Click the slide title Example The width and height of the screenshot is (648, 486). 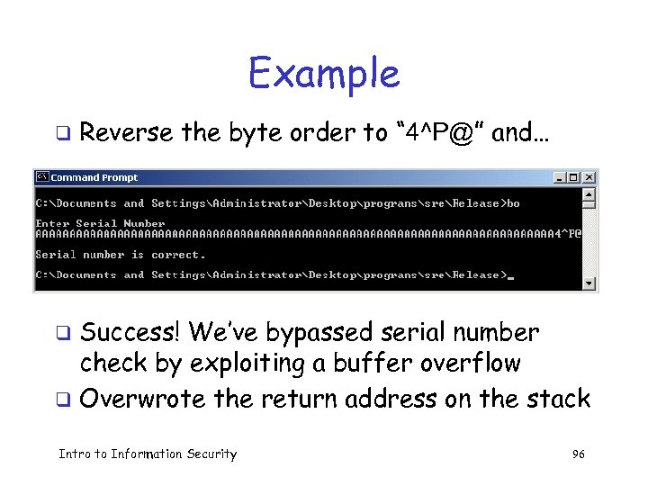[x=324, y=73]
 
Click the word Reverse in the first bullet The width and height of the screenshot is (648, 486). [x=126, y=133]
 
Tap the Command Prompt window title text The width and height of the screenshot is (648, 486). [x=94, y=177]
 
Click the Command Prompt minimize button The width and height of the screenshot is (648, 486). [x=561, y=177]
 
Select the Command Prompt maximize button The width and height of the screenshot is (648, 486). [x=574, y=177]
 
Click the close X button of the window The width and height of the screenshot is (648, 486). [x=589, y=177]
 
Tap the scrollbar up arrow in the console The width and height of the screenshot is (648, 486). [x=589, y=193]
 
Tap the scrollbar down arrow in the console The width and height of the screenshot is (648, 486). [x=589, y=283]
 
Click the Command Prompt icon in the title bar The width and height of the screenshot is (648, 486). [x=41, y=177]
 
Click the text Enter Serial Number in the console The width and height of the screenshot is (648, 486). [x=100, y=223]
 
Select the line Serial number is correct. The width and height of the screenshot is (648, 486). [x=121, y=255]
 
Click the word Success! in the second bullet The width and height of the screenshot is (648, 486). [x=131, y=333]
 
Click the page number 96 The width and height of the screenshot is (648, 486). [x=578, y=454]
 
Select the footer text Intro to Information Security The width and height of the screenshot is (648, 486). [x=148, y=454]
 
